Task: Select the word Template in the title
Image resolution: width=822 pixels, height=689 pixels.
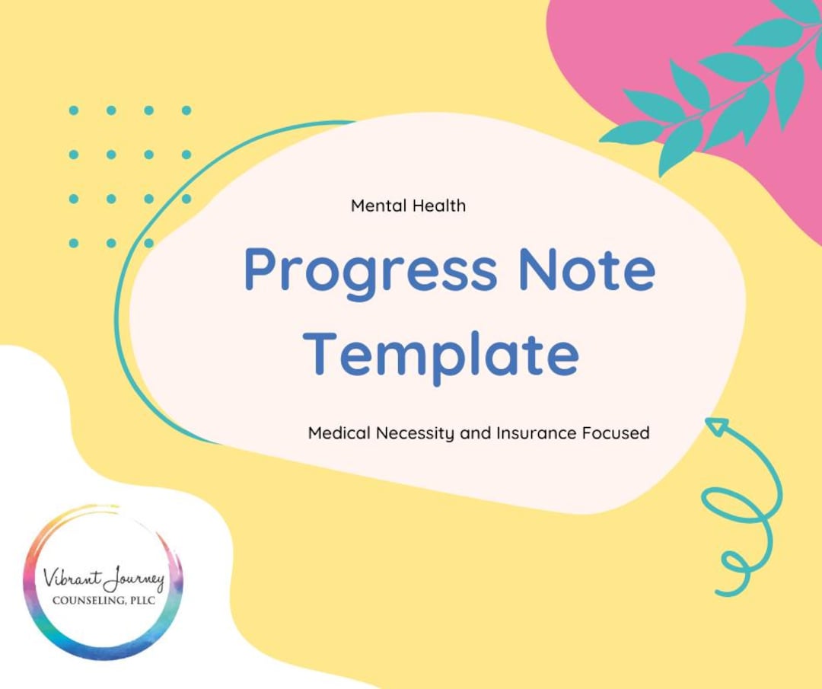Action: click(x=445, y=354)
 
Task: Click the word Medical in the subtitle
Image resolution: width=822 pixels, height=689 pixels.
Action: click(x=339, y=433)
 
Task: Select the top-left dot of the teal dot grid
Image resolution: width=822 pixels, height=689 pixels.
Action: click(x=74, y=110)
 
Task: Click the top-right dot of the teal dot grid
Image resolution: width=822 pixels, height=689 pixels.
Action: click(x=186, y=110)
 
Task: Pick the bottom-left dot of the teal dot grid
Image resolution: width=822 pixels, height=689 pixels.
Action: click(x=74, y=243)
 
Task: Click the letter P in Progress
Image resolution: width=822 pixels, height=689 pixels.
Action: click(x=259, y=270)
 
